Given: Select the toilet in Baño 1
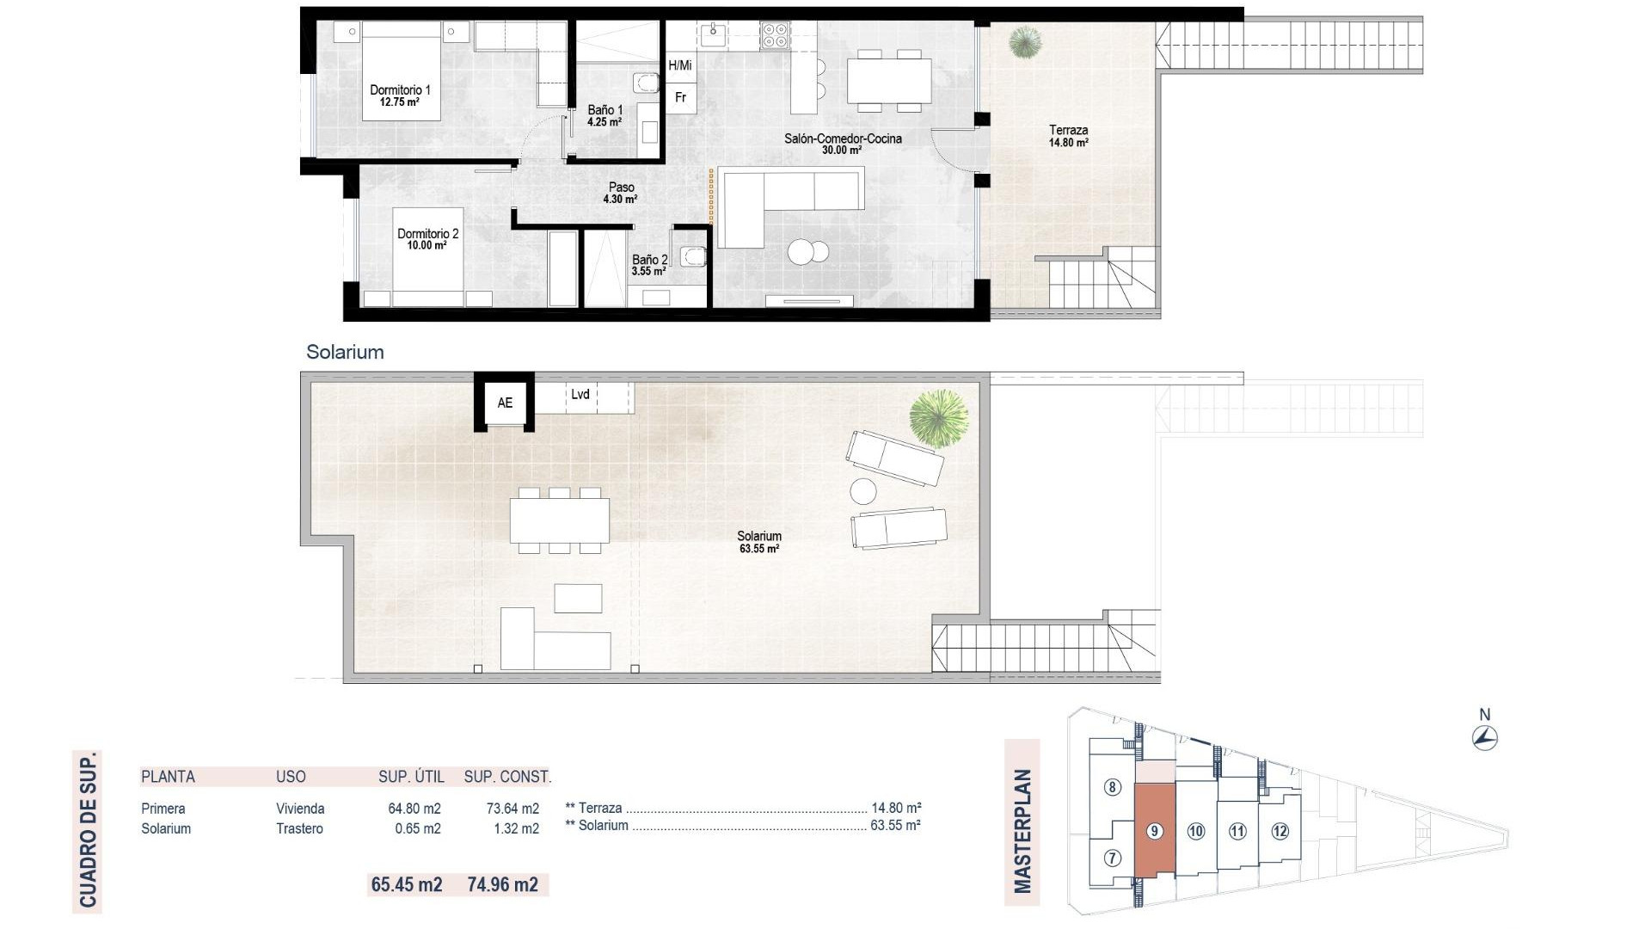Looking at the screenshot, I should [646, 83].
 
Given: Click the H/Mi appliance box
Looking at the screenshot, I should [680, 65].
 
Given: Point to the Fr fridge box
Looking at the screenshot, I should [680, 98].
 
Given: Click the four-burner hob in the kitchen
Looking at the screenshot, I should [774, 35].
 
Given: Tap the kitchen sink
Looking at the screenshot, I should [713, 35].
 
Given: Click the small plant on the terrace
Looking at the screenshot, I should [1025, 40].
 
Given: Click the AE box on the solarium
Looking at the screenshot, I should [505, 403].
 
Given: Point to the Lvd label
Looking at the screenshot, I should [580, 394].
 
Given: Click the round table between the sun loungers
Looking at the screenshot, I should [863, 491].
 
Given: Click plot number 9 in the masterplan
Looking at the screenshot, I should [1155, 831].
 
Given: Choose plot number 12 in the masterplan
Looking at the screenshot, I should [1280, 831].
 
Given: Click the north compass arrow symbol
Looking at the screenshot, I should [1485, 738].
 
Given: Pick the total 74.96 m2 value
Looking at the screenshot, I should [502, 884].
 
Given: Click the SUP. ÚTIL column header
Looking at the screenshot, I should [411, 777].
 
